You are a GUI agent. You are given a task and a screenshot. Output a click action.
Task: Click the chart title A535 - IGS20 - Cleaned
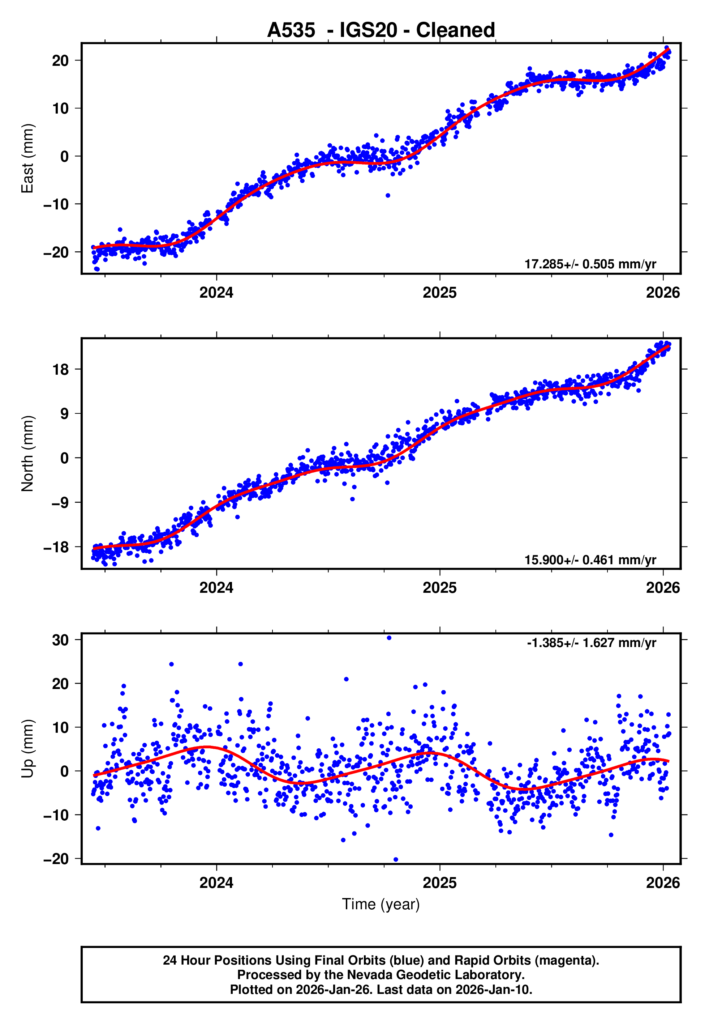[x=381, y=30]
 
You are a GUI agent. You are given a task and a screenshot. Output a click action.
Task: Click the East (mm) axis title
[x=27, y=158]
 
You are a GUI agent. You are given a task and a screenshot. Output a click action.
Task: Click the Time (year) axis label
[x=381, y=904]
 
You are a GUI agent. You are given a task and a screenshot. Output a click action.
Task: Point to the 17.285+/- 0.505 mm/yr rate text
[x=590, y=264]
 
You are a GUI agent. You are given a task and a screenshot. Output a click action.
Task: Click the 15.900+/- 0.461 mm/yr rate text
[x=590, y=560]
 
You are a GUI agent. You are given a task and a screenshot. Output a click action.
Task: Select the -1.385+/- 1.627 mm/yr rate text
[x=591, y=643]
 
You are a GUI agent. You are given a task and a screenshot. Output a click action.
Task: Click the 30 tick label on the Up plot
[x=60, y=640]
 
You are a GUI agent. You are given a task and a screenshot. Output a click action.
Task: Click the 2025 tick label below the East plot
[x=439, y=293]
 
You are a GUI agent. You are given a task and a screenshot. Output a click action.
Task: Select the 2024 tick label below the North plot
[x=216, y=588]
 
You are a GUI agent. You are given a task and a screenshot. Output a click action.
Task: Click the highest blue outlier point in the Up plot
[x=389, y=638]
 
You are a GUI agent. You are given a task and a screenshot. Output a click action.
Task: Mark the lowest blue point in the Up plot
[x=396, y=860]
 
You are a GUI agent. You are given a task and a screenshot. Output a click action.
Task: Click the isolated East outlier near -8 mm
[x=388, y=196]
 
